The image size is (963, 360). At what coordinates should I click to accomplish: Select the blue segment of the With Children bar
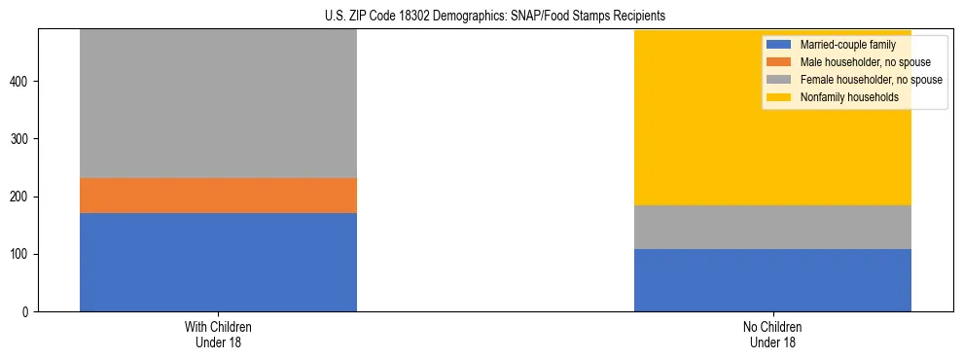[x=218, y=262]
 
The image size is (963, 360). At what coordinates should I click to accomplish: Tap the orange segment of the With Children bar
[x=218, y=196]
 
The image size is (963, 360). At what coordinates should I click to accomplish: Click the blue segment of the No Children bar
[x=772, y=280]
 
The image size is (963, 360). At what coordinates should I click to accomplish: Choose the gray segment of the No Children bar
[x=772, y=227]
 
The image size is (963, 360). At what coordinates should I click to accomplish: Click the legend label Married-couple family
[x=845, y=45]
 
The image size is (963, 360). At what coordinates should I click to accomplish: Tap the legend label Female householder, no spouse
[x=870, y=80]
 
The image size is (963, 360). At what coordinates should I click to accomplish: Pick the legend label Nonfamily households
[x=842, y=97]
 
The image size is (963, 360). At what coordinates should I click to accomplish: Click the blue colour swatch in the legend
[x=778, y=45]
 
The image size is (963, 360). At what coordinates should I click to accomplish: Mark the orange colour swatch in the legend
[x=778, y=62]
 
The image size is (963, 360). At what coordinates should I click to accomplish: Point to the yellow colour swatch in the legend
[x=778, y=97]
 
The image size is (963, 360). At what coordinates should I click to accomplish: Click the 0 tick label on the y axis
[x=27, y=312]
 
